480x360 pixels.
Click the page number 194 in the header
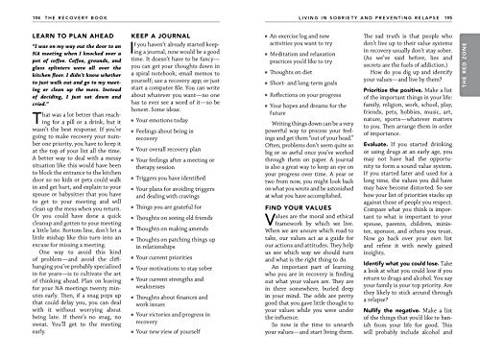(x=12, y=8)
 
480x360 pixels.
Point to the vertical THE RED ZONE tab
(x=468, y=72)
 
